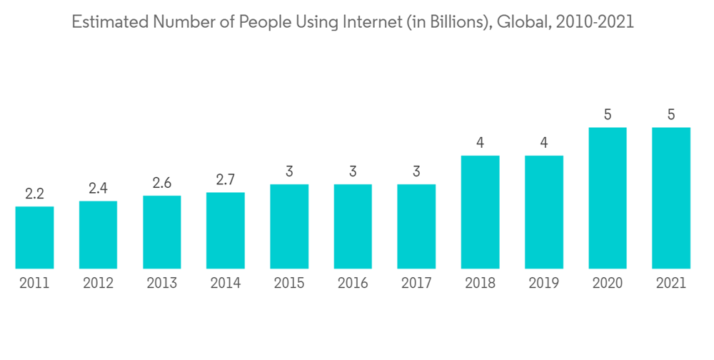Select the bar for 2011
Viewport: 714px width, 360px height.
(34, 237)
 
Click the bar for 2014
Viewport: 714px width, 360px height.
(226, 230)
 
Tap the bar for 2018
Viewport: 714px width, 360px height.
(481, 212)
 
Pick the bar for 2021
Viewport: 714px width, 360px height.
(671, 198)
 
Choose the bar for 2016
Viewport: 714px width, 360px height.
(353, 226)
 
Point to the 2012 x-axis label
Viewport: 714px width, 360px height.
(98, 284)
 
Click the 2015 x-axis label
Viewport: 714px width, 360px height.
(289, 284)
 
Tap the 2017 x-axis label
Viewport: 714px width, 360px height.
(416, 284)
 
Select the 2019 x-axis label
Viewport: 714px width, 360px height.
(544, 284)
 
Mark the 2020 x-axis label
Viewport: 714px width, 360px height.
(608, 284)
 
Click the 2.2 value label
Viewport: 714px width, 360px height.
(34, 194)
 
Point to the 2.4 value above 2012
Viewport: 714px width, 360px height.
(98, 189)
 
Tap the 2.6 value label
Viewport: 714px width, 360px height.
(162, 184)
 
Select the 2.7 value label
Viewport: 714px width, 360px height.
(226, 180)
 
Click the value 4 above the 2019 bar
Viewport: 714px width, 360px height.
(544, 143)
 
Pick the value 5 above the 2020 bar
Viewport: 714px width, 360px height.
(608, 114)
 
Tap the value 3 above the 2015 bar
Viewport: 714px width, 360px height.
(289, 171)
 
